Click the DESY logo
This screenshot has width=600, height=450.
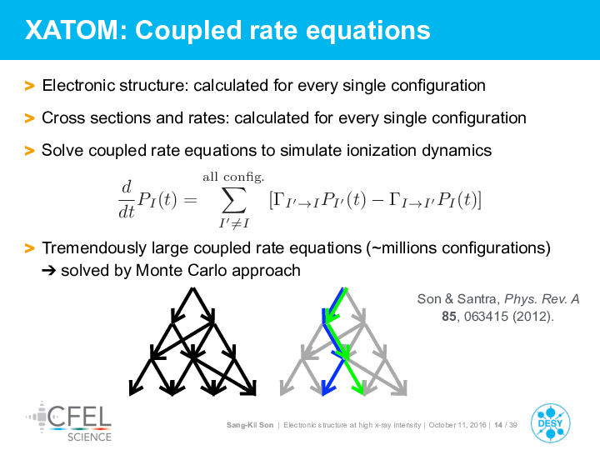(551, 423)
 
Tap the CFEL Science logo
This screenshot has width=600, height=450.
(69, 422)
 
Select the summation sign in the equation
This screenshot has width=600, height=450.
(234, 200)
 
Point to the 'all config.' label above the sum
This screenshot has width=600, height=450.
(233, 177)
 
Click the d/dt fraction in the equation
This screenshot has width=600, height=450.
(127, 199)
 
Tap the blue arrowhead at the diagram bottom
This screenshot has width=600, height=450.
(325, 389)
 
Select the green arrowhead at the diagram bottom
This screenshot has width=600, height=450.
(360, 389)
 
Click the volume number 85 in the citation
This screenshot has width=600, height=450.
(449, 317)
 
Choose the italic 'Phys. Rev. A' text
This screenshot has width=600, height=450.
(542, 299)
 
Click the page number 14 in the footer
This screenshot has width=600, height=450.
(497, 425)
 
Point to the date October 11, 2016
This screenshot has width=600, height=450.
(457, 425)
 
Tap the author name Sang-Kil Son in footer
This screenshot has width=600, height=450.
(250, 425)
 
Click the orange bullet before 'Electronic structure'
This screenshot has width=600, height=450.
(29, 86)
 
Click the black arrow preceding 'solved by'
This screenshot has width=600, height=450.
(49, 271)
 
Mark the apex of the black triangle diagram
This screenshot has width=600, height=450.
(192, 288)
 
